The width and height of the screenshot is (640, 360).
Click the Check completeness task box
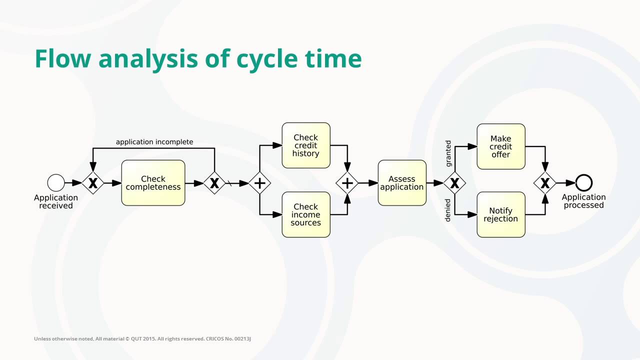(153, 183)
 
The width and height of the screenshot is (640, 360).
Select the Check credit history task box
(306, 145)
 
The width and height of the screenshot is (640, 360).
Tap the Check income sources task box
(306, 214)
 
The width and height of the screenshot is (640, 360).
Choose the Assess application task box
(402, 183)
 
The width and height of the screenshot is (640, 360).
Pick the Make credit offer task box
(500, 146)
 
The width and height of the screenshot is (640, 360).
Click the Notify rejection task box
(500, 214)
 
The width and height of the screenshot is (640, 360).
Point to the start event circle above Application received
(56, 183)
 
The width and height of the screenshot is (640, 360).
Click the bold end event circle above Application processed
(583, 183)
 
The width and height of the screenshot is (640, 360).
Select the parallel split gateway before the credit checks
(259, 183)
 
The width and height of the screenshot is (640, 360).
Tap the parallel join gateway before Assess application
(347, 183)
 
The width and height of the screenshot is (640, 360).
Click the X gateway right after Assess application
(454, 183)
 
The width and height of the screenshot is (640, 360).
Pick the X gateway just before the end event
(545, 183)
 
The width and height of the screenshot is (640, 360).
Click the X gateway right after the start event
(92, 183)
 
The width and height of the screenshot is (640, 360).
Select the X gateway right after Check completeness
(214, 183)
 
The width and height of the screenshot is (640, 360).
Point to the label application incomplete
(154, 142)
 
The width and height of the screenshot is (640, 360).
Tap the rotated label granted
(448, 153)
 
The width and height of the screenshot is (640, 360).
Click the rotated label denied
(448, 210)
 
